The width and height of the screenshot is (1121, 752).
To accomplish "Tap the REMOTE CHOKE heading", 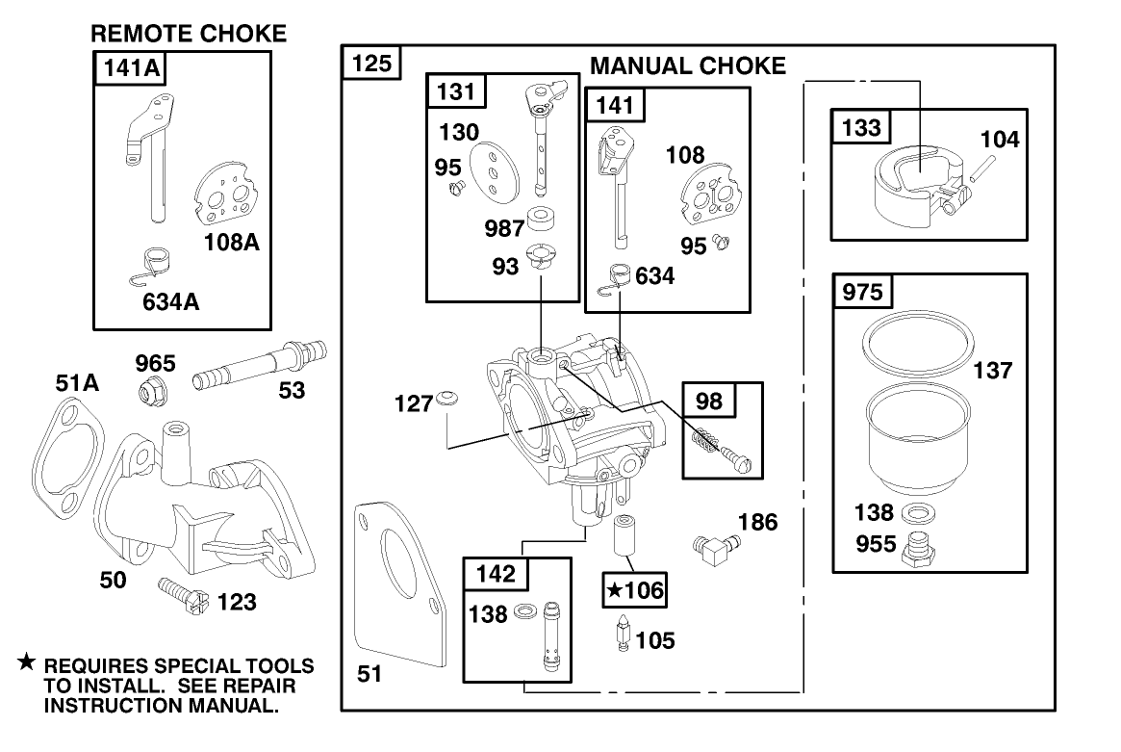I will pyautogui.click(x=189, y=34).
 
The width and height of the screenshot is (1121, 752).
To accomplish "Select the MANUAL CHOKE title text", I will pyautogui.click(x=687, y=66).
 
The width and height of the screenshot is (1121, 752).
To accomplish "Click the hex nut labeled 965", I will pyautogui.click(x=153, y=390).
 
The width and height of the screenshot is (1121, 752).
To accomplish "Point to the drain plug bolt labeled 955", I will pyautogui.click(x=921, y=552).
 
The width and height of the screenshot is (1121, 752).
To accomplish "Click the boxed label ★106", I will pyautogui.click(x=634, y=589).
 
